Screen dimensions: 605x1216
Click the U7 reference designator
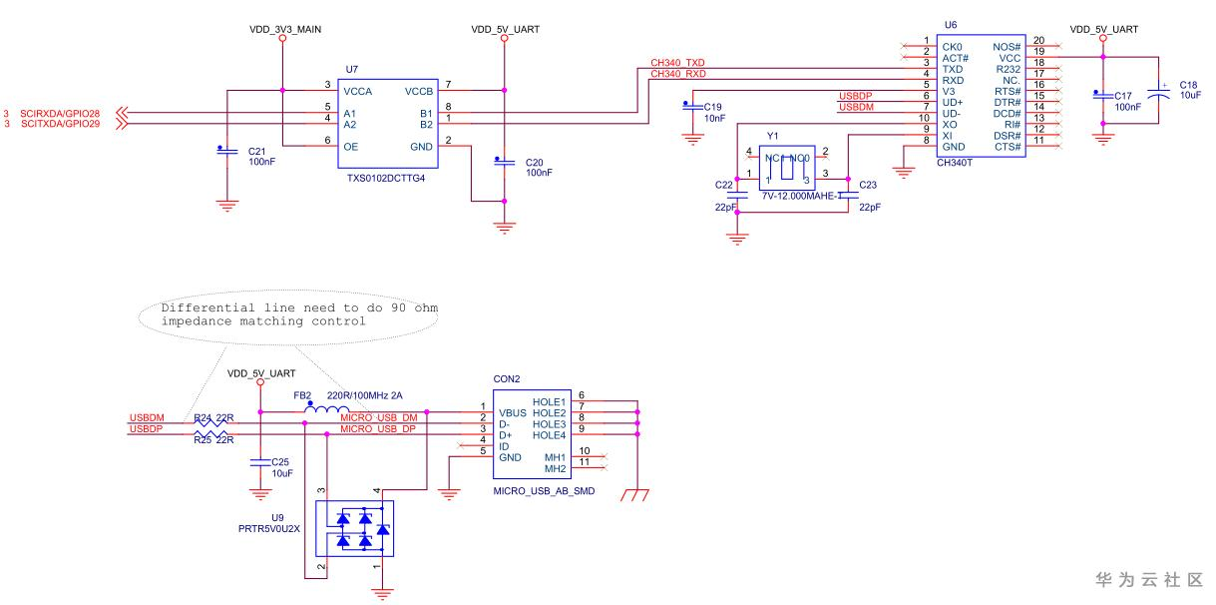click(x=351, y=69)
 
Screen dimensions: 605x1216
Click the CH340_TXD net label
click(x=677, y=62)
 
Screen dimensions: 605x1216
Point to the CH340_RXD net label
click(x=677, y=73)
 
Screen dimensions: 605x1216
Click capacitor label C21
click(x=255, y=151)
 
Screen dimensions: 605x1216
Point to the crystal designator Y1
click(x=772, y=135)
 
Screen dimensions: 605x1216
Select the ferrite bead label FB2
click(x=302, y=394)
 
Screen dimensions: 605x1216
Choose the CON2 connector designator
click(x=507, y=379)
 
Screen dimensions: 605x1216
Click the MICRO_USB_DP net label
click(x=378, y=428)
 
